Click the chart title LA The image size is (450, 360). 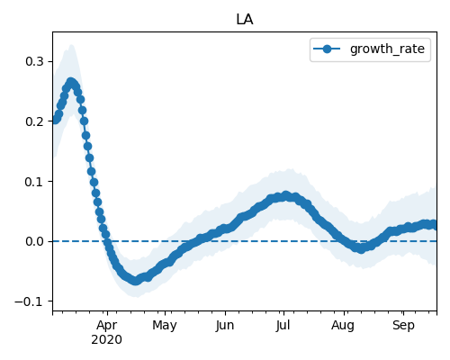tap(245, 20)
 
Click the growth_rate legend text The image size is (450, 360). tap(387, 49)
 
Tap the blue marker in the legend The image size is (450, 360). tap(327, 49)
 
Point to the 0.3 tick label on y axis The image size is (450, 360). tap(34, 61)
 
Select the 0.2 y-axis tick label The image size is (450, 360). tap(34, 121)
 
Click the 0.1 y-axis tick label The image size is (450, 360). tap(34, 182)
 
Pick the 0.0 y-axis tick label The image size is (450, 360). tap(34, 241)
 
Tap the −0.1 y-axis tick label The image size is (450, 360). tap(30, 301)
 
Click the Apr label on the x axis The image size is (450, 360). tap(107, 326)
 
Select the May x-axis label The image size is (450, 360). tap(165, 326)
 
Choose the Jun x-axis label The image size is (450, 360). tap(225, 326)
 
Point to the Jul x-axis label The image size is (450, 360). tap(283, 326)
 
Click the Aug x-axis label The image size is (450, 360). tap(343, 326)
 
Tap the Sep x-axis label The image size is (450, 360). tap(403, 326)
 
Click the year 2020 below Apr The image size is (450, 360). tap(107, 340)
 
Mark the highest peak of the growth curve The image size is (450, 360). tap(71, 82)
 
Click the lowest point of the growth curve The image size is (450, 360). tap(136, 281)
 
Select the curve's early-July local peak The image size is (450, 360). tap(285, 196)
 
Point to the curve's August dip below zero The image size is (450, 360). tap(362, 248)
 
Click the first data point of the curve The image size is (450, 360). tap(55, 121)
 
